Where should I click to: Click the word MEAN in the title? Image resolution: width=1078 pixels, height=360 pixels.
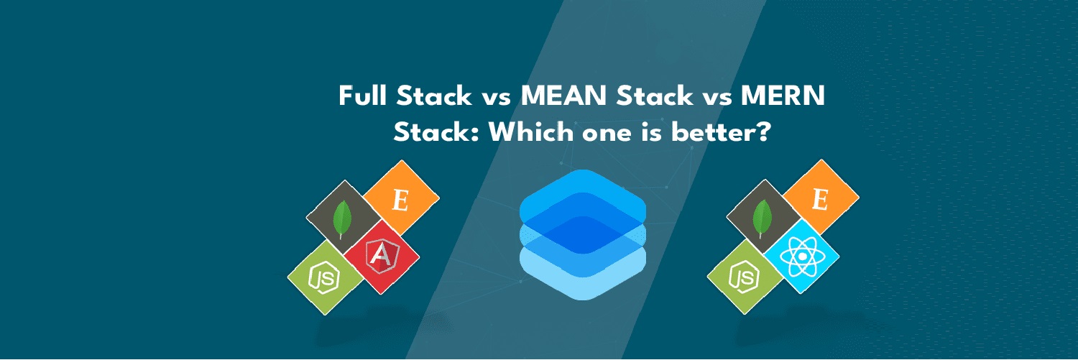pos(563,96)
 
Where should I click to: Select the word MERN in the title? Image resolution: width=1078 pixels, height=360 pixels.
pos(783,96)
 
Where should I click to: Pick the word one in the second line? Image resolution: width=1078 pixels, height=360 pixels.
pos(607,135)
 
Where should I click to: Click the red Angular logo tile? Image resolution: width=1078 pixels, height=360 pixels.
pos(382,257)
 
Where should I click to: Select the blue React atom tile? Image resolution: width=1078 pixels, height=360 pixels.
pos(802,256)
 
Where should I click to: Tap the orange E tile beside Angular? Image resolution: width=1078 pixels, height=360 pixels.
pos(401,198)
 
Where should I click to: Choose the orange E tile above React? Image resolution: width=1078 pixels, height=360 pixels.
pos(821,198)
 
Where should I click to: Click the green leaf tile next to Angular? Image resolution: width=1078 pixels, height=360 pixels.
pos(343,218)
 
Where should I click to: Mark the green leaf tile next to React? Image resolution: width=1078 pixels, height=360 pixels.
pos(763,217)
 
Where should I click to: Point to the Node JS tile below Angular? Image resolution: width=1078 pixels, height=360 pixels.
pos(325,277)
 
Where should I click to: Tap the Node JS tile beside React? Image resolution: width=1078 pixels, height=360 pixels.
pos(745,277)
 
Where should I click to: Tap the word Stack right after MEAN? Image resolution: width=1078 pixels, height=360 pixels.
pos(655,96)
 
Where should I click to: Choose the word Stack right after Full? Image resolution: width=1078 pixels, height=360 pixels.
pos(434,96)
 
